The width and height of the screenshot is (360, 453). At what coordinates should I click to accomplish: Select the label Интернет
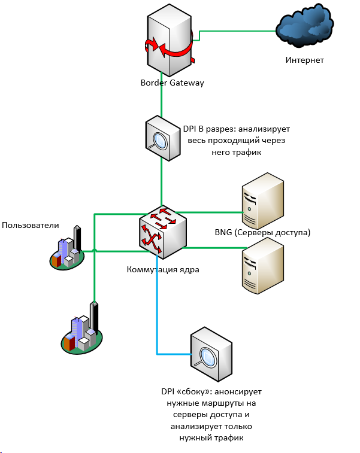point(305,60)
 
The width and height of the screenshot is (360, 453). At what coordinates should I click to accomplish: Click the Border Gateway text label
point(173,83)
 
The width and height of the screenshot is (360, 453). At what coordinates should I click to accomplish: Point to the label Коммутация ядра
point(163,270)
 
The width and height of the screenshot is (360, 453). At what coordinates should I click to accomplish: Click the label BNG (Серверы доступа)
point(262,232)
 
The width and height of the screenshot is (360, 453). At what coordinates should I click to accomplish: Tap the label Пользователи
point(31,225)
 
